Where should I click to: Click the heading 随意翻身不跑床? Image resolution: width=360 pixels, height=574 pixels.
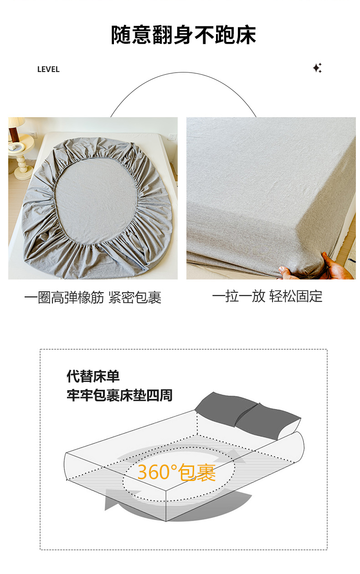coord(183,35)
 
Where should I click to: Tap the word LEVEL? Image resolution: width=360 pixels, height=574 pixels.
coord(48,69)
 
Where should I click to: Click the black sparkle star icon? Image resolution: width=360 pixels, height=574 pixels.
coord(317,68)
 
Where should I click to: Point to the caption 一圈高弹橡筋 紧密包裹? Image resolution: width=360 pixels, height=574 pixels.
coord(93,297)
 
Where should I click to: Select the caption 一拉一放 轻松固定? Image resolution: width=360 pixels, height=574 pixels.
coord(267,296)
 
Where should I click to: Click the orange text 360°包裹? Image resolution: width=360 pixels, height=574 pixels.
coord(177,472)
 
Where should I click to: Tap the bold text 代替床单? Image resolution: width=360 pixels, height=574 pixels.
coord(93,376)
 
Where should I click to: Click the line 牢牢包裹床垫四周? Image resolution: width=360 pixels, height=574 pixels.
coord(119,395)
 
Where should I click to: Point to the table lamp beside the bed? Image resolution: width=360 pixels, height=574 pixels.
coord(16,129)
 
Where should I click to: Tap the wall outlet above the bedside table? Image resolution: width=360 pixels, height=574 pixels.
coord(33,134)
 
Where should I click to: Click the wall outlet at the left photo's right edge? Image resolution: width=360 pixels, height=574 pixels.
coord(173,137)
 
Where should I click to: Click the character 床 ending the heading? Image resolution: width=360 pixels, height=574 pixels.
coord(246,35)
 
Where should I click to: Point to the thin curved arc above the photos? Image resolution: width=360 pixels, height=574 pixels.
coord(183,72)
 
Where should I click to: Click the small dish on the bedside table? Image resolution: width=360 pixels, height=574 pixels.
coord(18,148)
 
